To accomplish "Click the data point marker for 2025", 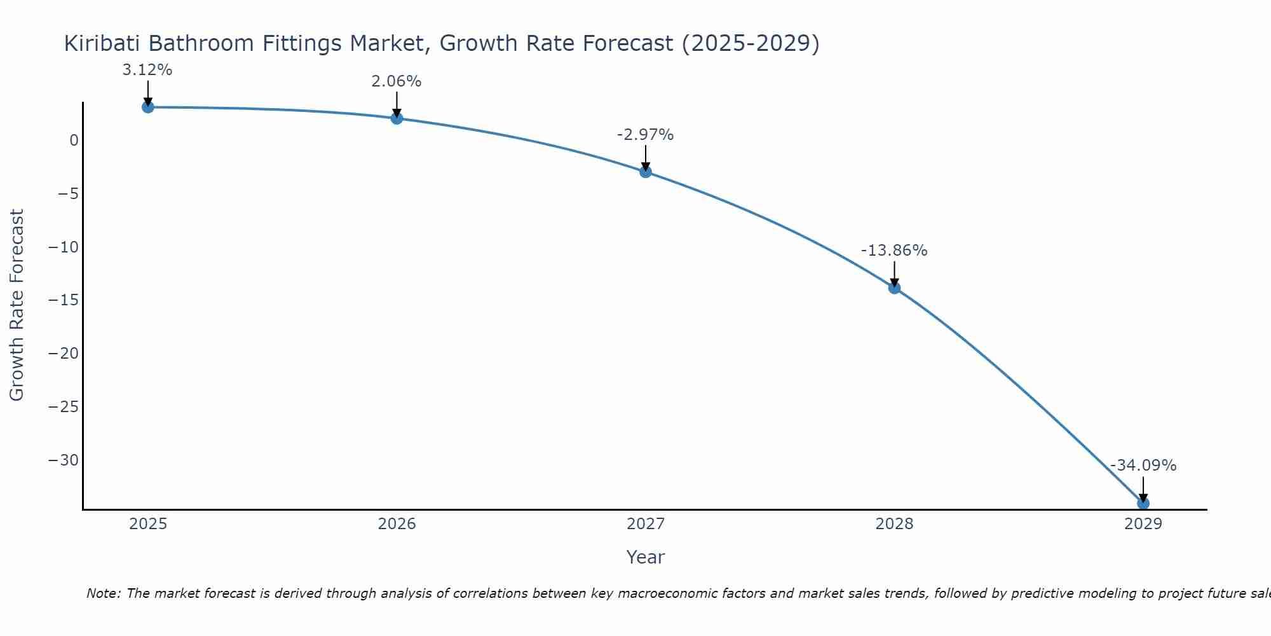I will [x=147, y=107].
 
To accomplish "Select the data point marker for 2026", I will [x=397, y=118].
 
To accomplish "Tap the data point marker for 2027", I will [x=646, y=171].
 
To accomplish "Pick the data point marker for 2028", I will [x=894, y=287].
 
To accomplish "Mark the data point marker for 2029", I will [x=1143, y=503].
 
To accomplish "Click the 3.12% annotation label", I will [x=147, y=70].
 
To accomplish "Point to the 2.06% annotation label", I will [x=397, y=81].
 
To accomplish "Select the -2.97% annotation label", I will [x=645, y=135].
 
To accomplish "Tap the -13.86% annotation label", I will [x=894, y=251].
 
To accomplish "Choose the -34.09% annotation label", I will [x=1143, y=466].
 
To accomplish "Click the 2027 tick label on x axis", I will [x=646, y=524].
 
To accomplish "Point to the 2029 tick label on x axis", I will [x=1143, y=524].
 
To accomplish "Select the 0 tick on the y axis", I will [x=74, y=141].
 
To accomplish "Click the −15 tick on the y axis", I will [x=64, y=300].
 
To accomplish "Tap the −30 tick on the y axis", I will [x=64, y=460].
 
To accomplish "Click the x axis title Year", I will [x=646, y=557].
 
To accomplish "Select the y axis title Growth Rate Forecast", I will [x=17, y=305].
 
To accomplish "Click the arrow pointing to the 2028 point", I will [x=894, y=273].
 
